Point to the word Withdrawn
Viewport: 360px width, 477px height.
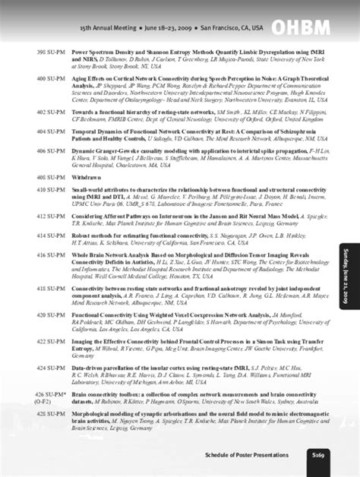(85, 176)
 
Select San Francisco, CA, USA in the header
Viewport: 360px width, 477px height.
(232, 27)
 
